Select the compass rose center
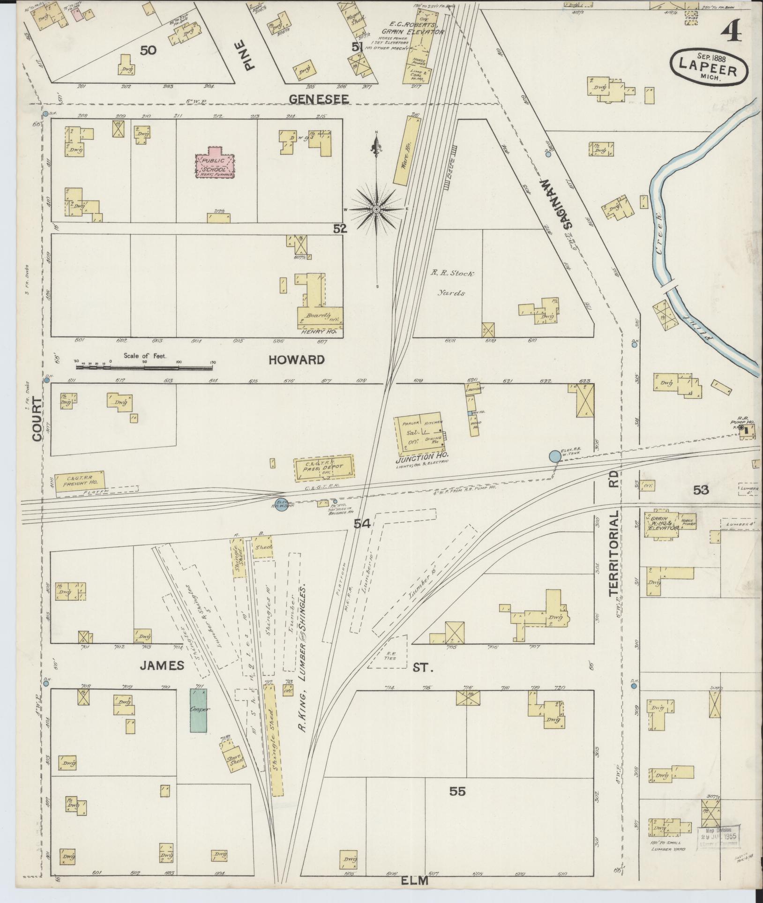[x=376, y=209]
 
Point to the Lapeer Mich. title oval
[x=709, y=67]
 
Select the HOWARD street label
[x=297, y=360]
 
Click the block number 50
[x=148, y=50]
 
